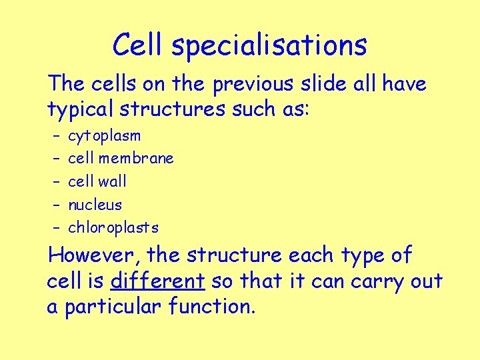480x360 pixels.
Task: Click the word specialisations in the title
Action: coord(269,46)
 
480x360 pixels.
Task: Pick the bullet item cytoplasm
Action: coord(105,137)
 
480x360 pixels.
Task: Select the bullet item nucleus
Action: coord(95,205)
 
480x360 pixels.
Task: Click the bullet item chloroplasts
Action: coord(113,227)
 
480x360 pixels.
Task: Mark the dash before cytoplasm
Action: coord(55,137)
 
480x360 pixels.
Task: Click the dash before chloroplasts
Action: coord(55,227)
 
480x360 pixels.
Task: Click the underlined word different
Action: coord(157,281)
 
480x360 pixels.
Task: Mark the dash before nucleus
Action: coord(55,205)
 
